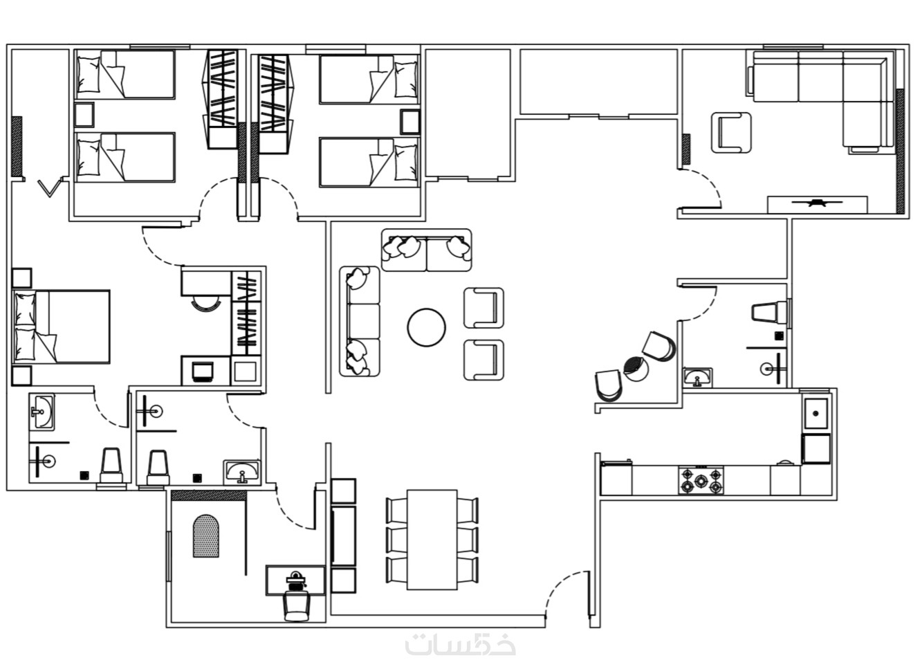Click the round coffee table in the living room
426,328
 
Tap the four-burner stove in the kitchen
701,480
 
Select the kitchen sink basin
815,413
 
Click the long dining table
432,540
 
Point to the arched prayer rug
206,535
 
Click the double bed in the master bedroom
62,327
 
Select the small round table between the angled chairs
636,369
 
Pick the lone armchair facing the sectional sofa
731,133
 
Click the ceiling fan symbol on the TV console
817,203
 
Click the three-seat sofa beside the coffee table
360,322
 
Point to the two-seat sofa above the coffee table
427,250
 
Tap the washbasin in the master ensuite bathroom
42,412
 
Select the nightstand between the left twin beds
84,115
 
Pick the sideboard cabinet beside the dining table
343,535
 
